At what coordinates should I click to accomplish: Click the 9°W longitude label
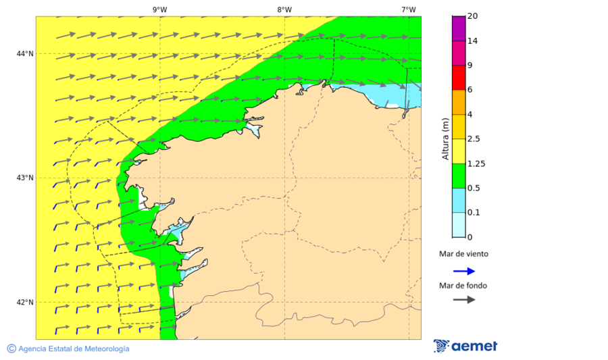159,9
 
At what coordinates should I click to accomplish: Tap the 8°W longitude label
284,9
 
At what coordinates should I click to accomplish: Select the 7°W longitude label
408,9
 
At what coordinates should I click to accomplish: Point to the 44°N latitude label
25,53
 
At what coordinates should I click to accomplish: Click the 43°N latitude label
25,178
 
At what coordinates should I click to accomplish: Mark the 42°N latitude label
25,302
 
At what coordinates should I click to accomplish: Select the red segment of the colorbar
458,78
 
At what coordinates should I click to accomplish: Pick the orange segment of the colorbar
458,102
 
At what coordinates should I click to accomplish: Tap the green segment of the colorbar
458,176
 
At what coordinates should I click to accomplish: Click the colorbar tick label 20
472,16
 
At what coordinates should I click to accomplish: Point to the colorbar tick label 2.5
474,139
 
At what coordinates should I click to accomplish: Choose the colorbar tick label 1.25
476,163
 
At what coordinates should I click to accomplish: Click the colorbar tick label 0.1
474,213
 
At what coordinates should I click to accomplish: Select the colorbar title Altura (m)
445,138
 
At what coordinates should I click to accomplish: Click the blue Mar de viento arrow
464,271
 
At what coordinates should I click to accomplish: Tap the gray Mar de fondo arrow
464,300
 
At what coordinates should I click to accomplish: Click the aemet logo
465,346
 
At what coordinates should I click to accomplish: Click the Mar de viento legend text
463,254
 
